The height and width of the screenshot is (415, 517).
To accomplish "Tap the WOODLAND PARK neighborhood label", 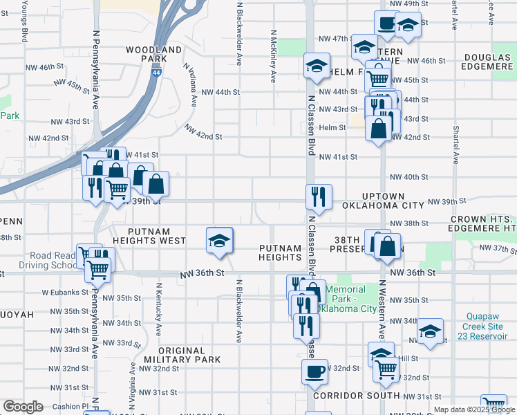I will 154,55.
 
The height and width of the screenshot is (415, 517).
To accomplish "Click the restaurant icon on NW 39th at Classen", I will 319,196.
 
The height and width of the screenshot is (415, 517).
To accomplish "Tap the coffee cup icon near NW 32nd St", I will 314,371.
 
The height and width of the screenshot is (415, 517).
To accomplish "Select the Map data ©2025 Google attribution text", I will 473,409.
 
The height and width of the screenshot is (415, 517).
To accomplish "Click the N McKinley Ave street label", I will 274,56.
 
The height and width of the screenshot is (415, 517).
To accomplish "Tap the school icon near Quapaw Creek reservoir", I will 430,331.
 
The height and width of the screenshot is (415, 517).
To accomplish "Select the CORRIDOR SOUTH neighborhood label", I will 357,396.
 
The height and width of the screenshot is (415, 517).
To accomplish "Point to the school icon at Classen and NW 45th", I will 317,66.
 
